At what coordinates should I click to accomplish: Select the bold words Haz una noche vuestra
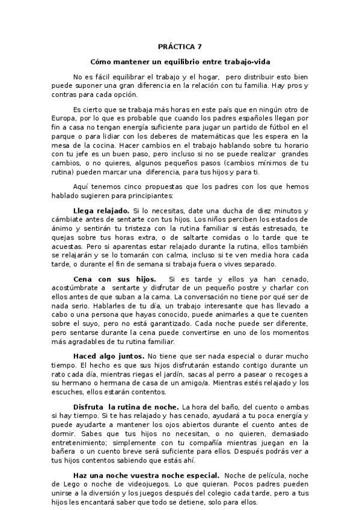pyautogui.click(x=124, y=475)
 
